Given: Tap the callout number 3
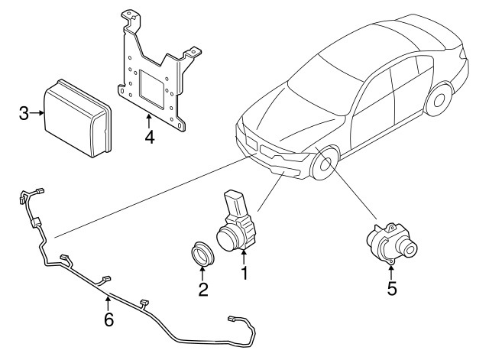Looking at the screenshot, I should [24, 115].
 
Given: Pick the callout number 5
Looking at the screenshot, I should [391, 288].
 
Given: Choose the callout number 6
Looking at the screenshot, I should [108, 319].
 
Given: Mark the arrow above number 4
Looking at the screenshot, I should [149, 120].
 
